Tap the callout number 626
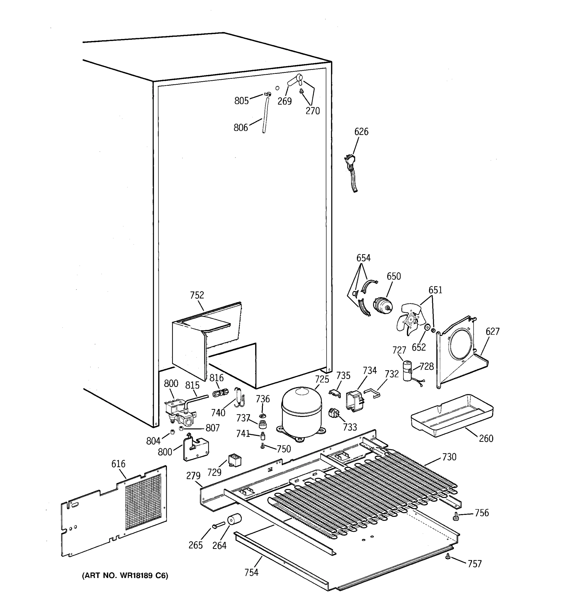point(361,132)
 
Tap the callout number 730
point(449,457)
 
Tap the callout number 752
point(197,295)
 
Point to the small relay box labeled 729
point(235,460)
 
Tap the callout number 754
point(251,573)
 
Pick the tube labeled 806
point(265,115)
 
